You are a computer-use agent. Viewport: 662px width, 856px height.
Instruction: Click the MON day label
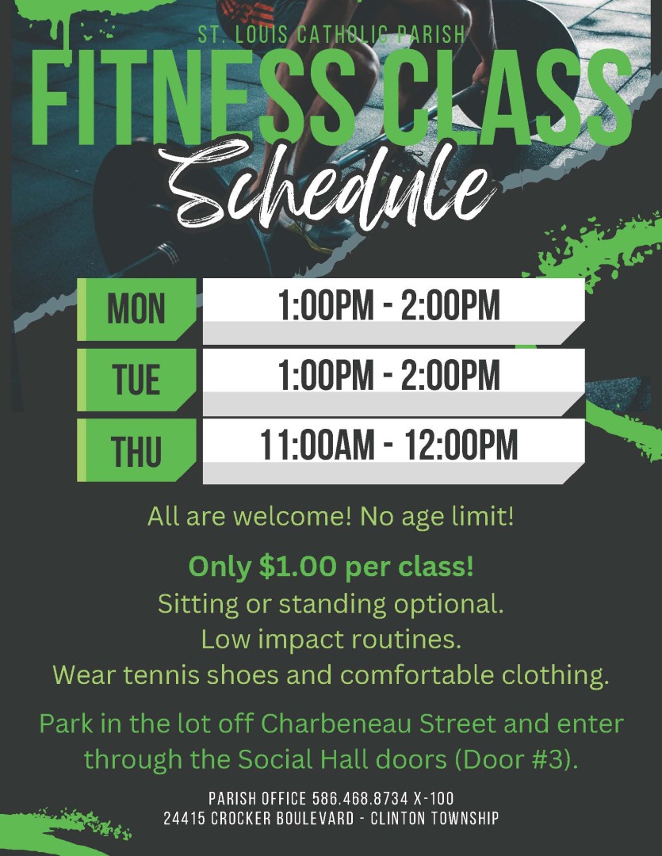(136, 309)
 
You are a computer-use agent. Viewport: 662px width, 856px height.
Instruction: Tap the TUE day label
(136, 380)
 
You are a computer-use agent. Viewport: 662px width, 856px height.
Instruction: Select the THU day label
(136, 451)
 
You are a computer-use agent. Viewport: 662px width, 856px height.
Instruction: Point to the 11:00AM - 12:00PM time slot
(389, 445)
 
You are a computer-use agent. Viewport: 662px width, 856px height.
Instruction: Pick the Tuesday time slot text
(389, 375)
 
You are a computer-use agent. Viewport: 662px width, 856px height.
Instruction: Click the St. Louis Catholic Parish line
(331, 35)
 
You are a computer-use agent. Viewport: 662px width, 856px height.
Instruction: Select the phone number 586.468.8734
(360, 799)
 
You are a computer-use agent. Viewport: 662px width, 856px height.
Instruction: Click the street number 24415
(185, 818)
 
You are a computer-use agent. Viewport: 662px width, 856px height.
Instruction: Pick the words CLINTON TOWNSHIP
(434, 818)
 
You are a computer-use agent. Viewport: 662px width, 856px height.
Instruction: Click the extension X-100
(434, 799)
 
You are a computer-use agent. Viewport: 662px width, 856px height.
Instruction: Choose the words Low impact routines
(331, 640)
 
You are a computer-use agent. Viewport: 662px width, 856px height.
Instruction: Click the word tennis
(161, 674)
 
